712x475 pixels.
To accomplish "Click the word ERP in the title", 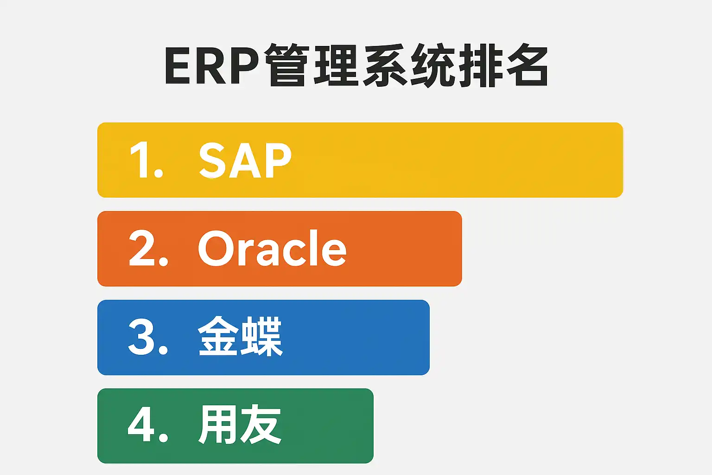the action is tap(211, 66).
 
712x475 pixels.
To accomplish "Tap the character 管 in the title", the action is tap(287, 65).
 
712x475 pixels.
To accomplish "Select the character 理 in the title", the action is tap(336, 65).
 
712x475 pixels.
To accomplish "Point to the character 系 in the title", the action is tap(385, 65).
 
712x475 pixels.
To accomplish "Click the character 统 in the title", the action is tap(433, 65).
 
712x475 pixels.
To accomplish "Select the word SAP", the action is tap(245, 160).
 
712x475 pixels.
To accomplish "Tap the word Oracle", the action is tap(272, 248).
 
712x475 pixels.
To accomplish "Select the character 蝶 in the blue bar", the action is tap(261, 336).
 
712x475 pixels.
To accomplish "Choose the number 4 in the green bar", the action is tap(141, 424).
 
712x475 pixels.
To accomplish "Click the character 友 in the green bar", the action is tap(261, 424).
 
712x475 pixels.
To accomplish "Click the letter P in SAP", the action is tap(279, 160).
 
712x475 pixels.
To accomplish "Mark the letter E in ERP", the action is tap(178, 66).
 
